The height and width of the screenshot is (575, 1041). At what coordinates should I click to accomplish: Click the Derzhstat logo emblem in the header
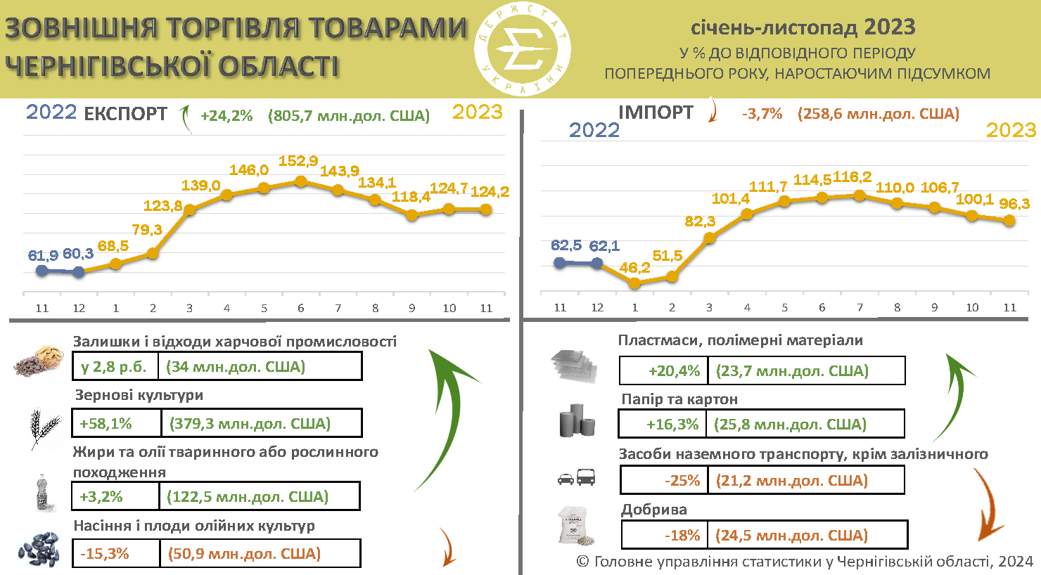pyautogui.click(x=522, y=49)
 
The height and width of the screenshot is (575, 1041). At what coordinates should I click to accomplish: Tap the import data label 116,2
pyautogui.click(x=852, y=177)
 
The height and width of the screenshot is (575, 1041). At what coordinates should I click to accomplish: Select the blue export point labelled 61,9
pyautogui.click(x=42, y=270)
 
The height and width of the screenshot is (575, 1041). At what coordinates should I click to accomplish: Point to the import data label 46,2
pyautogui.click(x=634, y=268)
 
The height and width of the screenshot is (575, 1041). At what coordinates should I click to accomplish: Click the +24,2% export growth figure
pyautogui.click(x=226, y=116)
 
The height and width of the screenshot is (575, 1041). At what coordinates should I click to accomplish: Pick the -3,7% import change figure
pyautogui.click(x=762, y=114)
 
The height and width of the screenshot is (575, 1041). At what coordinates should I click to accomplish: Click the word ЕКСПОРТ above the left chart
pyautogui.click(x=126, y=115)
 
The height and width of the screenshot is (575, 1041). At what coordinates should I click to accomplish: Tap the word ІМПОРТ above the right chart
pyautogui.click(x=656, y=112)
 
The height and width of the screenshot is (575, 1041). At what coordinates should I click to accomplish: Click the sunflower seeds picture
pyautogui.click(x=39, y=549)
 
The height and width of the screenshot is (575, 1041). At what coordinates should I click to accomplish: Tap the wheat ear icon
pyautogui.click(x=44, y=427)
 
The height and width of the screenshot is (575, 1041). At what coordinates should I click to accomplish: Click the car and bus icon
pyautogui.click(x=576, y=478)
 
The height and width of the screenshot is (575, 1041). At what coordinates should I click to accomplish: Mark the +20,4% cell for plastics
pyautogui.click(x=663, y=371)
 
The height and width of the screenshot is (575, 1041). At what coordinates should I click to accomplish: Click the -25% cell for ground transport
pyautogui.click(x=665, y=481)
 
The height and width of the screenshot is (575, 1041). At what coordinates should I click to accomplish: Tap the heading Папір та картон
pyautogui.click(x=679, y=399)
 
